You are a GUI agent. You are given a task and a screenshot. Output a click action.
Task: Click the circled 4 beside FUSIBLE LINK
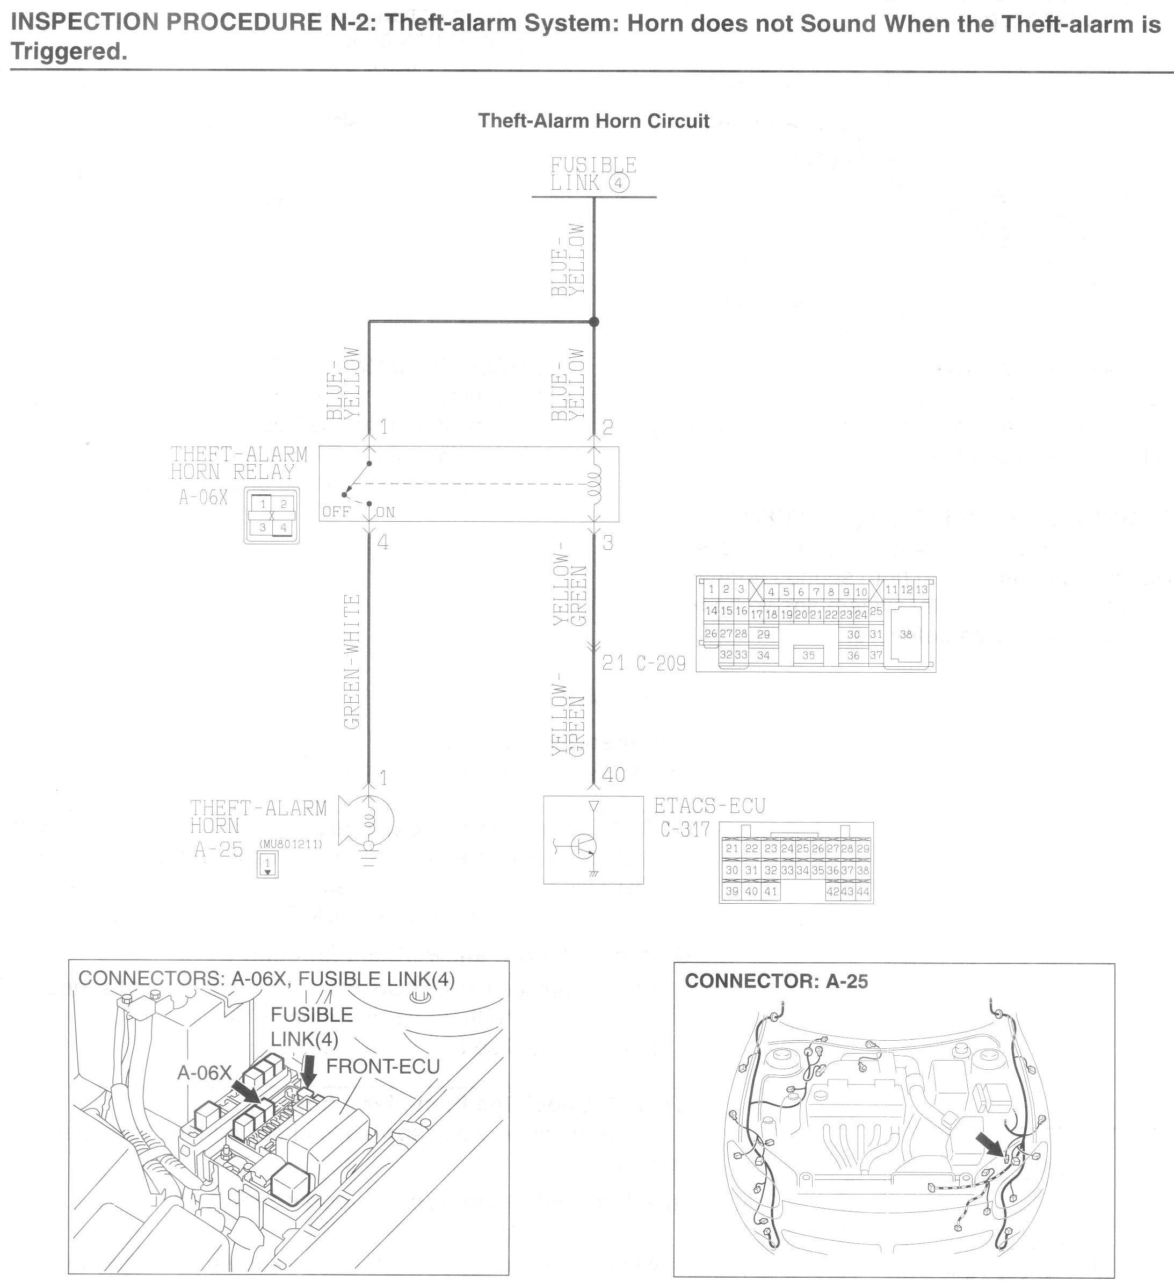619,183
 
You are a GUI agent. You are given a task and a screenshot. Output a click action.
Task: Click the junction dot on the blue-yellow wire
593,322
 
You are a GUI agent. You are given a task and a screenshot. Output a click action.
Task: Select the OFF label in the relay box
336,512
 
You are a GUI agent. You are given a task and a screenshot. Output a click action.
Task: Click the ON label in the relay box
385,513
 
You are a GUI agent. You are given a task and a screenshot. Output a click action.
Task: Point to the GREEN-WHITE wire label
351,661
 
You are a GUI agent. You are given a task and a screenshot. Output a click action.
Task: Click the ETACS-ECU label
709,806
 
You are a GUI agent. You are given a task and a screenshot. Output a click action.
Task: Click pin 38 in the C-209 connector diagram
906,634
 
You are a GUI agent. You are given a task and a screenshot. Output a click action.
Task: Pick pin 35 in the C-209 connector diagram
808,655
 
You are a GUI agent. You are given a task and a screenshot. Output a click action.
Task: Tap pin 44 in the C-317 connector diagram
863,891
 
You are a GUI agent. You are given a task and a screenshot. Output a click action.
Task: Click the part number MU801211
291,845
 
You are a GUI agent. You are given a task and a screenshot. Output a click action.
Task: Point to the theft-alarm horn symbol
367,822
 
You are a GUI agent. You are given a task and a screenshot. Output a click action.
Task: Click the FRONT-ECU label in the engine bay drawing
382,1066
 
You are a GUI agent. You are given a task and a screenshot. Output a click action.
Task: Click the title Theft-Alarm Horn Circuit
593,121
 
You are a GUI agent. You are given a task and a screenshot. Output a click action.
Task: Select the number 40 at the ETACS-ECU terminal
613,775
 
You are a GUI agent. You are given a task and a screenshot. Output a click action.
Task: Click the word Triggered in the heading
69,52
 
